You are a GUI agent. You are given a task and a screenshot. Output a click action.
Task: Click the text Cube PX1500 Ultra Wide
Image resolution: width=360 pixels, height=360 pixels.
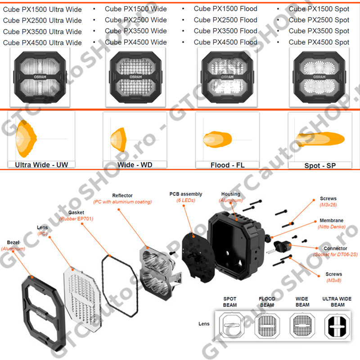pos(42,9)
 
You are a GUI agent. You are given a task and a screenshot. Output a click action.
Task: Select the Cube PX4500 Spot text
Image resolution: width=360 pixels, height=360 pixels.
pos(319,42)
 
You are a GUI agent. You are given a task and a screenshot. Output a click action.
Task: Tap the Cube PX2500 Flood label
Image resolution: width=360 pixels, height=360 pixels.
pos(225,20)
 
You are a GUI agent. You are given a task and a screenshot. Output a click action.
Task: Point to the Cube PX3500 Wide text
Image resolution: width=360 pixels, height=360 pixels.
pos(135,31)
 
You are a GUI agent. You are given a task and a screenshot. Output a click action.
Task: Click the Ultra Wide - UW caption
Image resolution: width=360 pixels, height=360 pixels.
pos(41,165)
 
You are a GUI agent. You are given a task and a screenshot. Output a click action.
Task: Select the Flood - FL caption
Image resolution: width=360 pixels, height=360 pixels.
pos(227,165)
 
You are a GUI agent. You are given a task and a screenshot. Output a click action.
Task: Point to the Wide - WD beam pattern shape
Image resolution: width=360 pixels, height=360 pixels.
pos(119,139)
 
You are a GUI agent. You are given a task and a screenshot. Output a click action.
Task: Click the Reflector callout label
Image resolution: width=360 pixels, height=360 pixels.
pos(122,195)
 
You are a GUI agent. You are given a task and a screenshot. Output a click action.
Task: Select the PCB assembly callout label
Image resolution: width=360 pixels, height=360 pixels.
pos(186,194)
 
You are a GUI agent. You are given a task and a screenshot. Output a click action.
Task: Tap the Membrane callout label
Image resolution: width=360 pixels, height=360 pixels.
pos(332,220)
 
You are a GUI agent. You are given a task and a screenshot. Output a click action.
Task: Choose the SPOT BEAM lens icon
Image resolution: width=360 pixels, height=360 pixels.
pos(230,325)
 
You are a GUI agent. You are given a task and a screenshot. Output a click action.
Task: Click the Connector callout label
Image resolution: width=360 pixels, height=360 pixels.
pos(335,248)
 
